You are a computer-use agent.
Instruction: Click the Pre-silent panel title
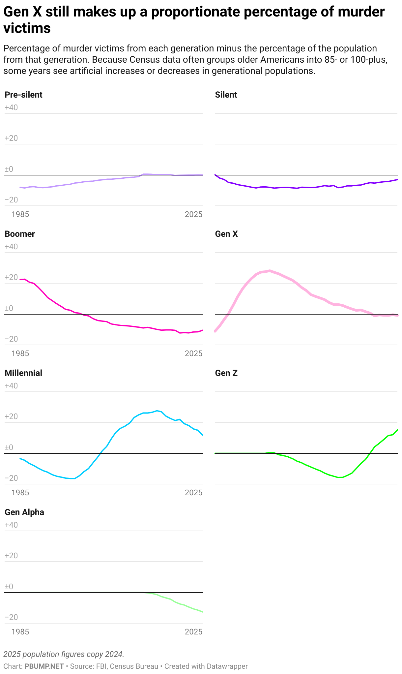23,95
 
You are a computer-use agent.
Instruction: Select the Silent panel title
226,95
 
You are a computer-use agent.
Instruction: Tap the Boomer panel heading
20,234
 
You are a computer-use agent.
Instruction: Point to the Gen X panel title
226,234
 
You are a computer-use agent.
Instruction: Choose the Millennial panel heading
23,373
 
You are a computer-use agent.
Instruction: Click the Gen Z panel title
226,373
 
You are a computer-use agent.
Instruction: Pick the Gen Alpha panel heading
24,512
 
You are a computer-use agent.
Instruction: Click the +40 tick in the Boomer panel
11,247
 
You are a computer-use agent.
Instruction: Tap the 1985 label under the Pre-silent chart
20,215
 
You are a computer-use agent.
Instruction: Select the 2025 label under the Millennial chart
193,493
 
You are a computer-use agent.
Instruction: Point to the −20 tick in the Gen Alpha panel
11,617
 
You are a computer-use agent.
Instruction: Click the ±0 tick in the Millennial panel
9,447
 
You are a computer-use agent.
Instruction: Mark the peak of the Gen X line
270,271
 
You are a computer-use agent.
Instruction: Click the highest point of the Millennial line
157,411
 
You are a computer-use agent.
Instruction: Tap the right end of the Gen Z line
397,430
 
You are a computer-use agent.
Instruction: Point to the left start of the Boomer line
20,280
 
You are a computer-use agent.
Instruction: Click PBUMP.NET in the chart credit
44,666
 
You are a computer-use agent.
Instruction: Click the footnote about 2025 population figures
64,654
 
